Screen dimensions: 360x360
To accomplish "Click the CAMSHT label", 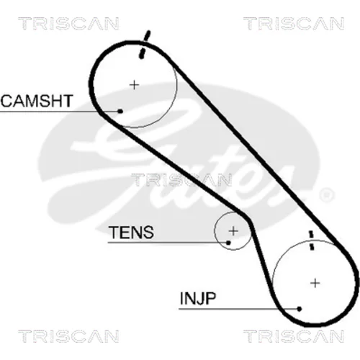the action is click(x=37, y=101).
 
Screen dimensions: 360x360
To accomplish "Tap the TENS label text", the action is click(x=131, y=232).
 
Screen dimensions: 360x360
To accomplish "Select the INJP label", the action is click(x=198, y=298).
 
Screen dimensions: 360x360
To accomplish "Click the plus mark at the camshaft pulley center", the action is click(x=135, y=85).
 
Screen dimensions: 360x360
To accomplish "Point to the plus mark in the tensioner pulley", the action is click(x=233, y=231).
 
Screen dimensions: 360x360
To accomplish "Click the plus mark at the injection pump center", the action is click(x=315, y=283).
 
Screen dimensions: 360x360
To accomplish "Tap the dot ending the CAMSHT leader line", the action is click(x=120, y=111).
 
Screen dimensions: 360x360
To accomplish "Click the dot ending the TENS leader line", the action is click(x=228, y=243).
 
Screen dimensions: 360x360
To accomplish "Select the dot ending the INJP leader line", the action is click(x=299, y=309).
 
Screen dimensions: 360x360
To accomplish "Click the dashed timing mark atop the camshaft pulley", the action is click(x=145, y=45).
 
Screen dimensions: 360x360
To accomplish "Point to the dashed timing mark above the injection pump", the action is click(x=311, y=240).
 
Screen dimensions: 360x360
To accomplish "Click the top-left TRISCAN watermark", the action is click(x=68, y=24).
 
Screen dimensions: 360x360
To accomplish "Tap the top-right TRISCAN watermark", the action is click(x=294, y=24).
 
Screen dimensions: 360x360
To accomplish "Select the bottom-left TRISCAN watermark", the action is click(x=68, y=336).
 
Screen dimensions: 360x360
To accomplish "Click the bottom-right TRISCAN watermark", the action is click(x=294, y=336).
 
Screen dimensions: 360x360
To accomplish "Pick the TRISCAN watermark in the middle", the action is click(x=181, y=180).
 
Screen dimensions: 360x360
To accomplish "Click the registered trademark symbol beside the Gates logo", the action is click(x=326, y=194).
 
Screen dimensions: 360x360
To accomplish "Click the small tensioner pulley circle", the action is click(x=215, y=231).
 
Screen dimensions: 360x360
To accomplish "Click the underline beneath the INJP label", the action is click(x=239, y=309).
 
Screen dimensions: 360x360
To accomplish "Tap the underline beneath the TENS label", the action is click(x=168, y=243).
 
